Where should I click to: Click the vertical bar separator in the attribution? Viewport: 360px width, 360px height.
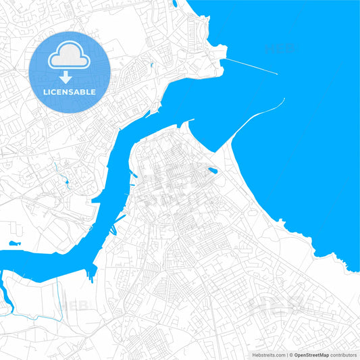(x=286, y=355)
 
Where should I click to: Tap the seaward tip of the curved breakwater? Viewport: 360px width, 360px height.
(x=284, y=99)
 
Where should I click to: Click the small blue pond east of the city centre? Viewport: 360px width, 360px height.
(x=213, y=171)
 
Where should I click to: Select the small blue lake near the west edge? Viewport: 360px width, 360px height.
(x=14, y=242)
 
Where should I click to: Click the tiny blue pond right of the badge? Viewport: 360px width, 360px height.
(x=153, y=65)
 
